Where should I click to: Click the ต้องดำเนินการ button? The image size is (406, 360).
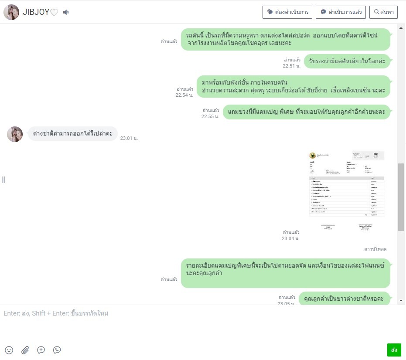(287, 12)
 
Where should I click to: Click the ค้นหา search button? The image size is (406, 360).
(383, 12)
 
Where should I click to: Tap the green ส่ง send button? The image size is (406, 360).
(394, 350)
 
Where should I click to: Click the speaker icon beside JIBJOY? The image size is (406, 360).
(66, 12)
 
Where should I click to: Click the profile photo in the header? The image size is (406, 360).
(11, 12)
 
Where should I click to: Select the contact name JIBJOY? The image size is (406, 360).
(36, 12)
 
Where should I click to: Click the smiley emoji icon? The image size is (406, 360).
(9, 350)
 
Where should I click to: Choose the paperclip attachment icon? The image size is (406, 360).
(25, 350)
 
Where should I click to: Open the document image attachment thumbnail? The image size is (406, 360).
(347, 190)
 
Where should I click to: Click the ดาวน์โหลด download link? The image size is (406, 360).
(375, 249)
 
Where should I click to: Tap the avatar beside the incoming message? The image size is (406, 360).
(15, 134)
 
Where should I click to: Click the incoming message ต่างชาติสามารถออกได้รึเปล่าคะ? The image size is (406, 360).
(73, 134)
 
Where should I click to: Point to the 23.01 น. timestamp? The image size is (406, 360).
(129, 138)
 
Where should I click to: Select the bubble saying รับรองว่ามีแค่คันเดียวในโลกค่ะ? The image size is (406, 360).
(347, 61)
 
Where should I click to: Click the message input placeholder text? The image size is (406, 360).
(56, 313)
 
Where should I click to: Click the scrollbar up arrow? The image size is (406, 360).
(401, 27)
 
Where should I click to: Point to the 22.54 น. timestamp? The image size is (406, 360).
(184, 95)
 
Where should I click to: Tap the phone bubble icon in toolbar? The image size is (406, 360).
(57, 350)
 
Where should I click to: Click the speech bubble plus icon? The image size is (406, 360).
(41, 350)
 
